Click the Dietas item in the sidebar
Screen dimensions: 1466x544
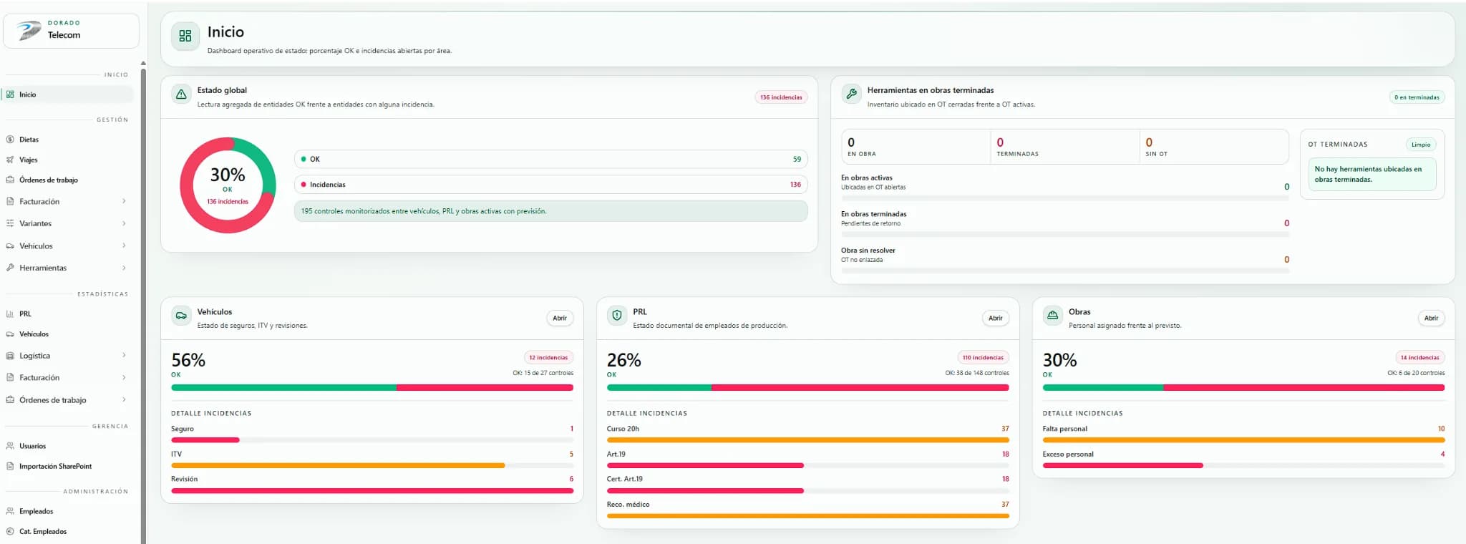(29, 140)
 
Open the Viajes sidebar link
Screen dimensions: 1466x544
(28, 160)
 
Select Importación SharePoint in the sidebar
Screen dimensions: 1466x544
(55, 466)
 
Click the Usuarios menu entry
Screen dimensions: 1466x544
(32, 446)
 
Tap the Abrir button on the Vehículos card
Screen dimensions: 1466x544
(560, 318)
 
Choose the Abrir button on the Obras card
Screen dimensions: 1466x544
(1431, 318)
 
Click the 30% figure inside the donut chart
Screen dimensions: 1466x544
(228, 175)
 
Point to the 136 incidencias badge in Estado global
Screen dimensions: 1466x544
(781, 97)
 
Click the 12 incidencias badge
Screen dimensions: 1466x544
(548, 357)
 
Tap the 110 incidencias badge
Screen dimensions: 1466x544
(983, 357)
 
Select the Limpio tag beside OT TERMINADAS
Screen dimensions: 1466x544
(1421, 145)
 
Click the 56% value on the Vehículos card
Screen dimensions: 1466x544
(188, 360)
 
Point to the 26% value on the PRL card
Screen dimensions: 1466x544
(624, 360)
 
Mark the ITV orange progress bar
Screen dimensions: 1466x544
(338, 465)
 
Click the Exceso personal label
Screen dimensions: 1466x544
(1068, 454)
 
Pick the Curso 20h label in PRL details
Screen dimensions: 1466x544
(623, 429)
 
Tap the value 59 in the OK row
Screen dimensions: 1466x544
(797, 159)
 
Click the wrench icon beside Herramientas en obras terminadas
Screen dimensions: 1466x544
(851, 94)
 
